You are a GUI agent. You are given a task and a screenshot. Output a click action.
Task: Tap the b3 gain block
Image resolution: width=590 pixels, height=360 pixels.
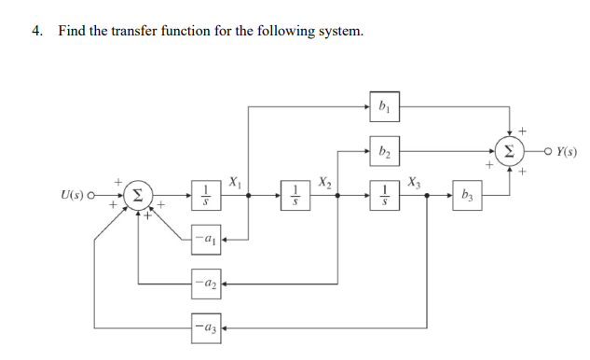tap(466, 196)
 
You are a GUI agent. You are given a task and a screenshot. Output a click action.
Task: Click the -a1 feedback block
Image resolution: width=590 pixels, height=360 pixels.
tap(207, 240)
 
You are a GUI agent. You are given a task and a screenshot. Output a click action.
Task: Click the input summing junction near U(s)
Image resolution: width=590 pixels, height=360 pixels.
tap(138, 196)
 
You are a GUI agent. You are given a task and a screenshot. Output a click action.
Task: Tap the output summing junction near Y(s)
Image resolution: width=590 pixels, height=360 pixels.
tap(508, 149)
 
